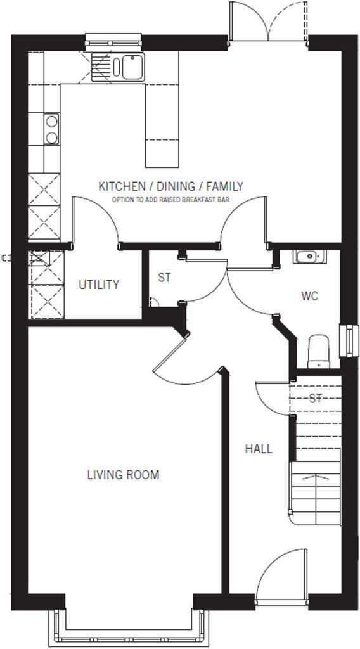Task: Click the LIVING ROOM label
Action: pyautogui.click(x=123, y=474)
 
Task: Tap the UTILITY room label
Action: pyautogui.click(x=98, y=285)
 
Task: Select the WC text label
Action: pyautogui.click(x=309, y=296)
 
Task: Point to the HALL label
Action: pyautogui.click(x=259, y=449)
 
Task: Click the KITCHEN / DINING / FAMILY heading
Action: pyautogui.click(x=170, y=186)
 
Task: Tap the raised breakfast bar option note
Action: pyautogui.click(x=170, y=199)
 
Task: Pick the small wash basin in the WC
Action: pyautogui.click(x=309, y=257)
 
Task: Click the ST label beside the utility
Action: pyautogui.click(x=164, y=277)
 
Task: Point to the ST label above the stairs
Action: pyautogui.click(x=316, y=398)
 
